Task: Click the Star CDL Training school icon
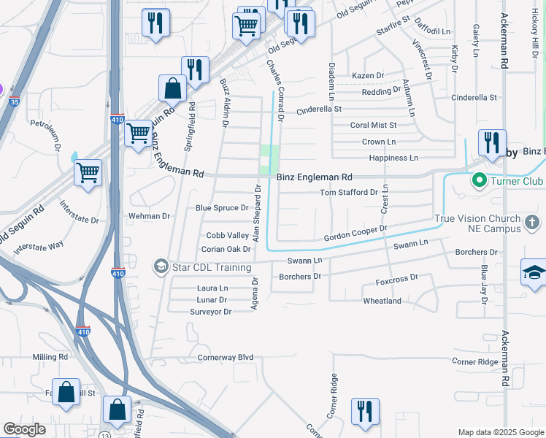coord(160,266)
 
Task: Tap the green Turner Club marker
coord(480,179)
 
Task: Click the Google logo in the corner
coord(24,429)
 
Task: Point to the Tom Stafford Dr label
coord(349,193)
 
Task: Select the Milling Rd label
coord(50,358)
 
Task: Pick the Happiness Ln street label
coord(393,158)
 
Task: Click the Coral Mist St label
coord(373,126)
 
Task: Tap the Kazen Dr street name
coord(368,76)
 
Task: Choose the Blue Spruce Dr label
coord(222,208)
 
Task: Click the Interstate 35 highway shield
coord(14,102)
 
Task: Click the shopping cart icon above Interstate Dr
coord(88,173)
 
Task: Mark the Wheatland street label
coord(382,301)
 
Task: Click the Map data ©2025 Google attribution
coord(500,432)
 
